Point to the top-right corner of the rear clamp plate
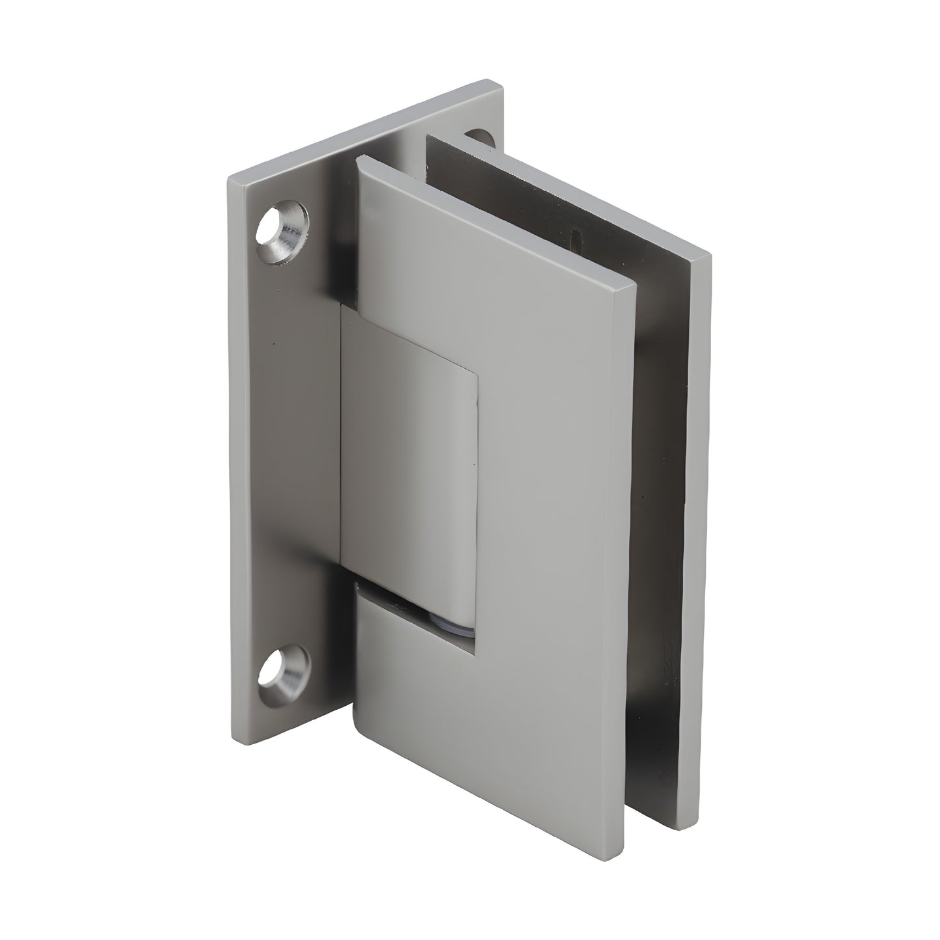point(709,257)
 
